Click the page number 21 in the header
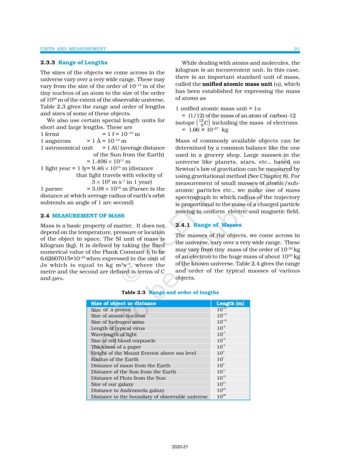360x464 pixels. click(297, 49)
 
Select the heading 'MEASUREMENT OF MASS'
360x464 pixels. click(88, 216)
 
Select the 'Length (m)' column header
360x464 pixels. click(230, 303)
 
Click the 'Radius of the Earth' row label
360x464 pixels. click(112, 359)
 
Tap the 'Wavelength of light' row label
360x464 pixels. click(114, 334)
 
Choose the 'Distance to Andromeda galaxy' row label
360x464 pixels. click(128, 390)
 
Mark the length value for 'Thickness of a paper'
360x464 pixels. click(221, 347)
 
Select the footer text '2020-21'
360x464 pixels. click(180, 447)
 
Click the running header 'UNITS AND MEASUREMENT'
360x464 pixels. click(73, 49)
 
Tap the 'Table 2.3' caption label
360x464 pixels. click(134, 293)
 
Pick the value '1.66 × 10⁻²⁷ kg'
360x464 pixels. click(205, 130)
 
